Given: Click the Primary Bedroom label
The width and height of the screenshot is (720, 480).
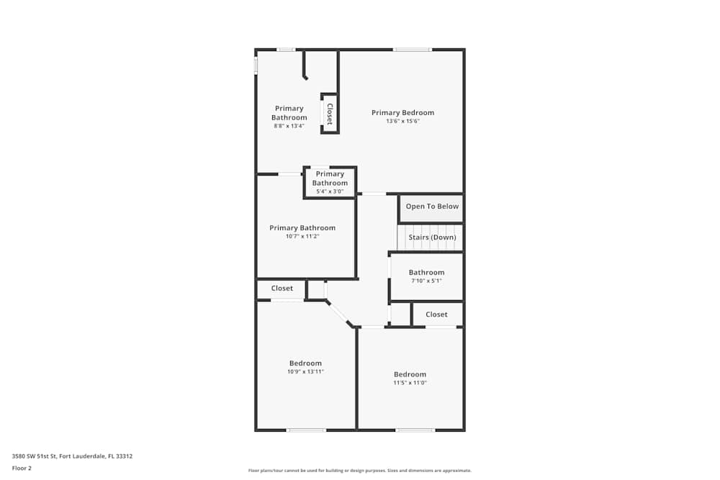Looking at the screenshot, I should click(x=402, y=112).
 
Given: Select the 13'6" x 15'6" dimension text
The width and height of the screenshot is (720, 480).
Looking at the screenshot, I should click(x=402, y=122).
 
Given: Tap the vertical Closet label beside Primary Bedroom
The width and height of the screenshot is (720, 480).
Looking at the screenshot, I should click(x=330, y=114).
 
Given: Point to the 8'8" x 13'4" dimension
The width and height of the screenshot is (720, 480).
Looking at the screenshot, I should click(x=289, y=126).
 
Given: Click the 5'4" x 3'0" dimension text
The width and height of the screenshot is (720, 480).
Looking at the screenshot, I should click(x=330, y=191).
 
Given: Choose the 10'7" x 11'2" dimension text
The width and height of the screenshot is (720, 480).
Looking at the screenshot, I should click(x=302, y=237).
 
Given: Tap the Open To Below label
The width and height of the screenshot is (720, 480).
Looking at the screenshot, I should click(x=432, y=207).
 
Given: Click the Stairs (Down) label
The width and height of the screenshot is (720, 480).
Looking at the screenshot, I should click(x=432, y=237).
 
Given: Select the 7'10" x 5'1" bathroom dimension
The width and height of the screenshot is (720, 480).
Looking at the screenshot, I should click(x=426, y=281).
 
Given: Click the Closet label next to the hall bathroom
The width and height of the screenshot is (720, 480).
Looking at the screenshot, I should click(x=436, y=314).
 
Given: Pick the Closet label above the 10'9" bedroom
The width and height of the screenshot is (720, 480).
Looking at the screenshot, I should click(x=282, y=289).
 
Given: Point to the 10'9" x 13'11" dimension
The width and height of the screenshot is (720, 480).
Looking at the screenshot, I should click(x=305, y=371).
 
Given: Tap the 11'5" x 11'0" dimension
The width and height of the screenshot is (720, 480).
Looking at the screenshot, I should click(x=410, y=383).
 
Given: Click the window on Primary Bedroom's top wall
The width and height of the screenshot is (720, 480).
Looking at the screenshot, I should click(x=412, y=50).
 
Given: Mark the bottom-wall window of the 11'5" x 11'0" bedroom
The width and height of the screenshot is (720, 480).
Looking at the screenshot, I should click(x=415, y=430).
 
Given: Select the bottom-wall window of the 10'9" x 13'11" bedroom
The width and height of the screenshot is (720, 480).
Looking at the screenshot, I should click(x=306, y=430).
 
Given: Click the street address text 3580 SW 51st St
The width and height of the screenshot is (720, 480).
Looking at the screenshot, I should click(x=72, y=456).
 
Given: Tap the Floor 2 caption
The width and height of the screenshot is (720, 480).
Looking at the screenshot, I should click(x=22, y=468).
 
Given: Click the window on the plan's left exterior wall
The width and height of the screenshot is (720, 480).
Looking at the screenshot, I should click(x=256, y=65).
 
